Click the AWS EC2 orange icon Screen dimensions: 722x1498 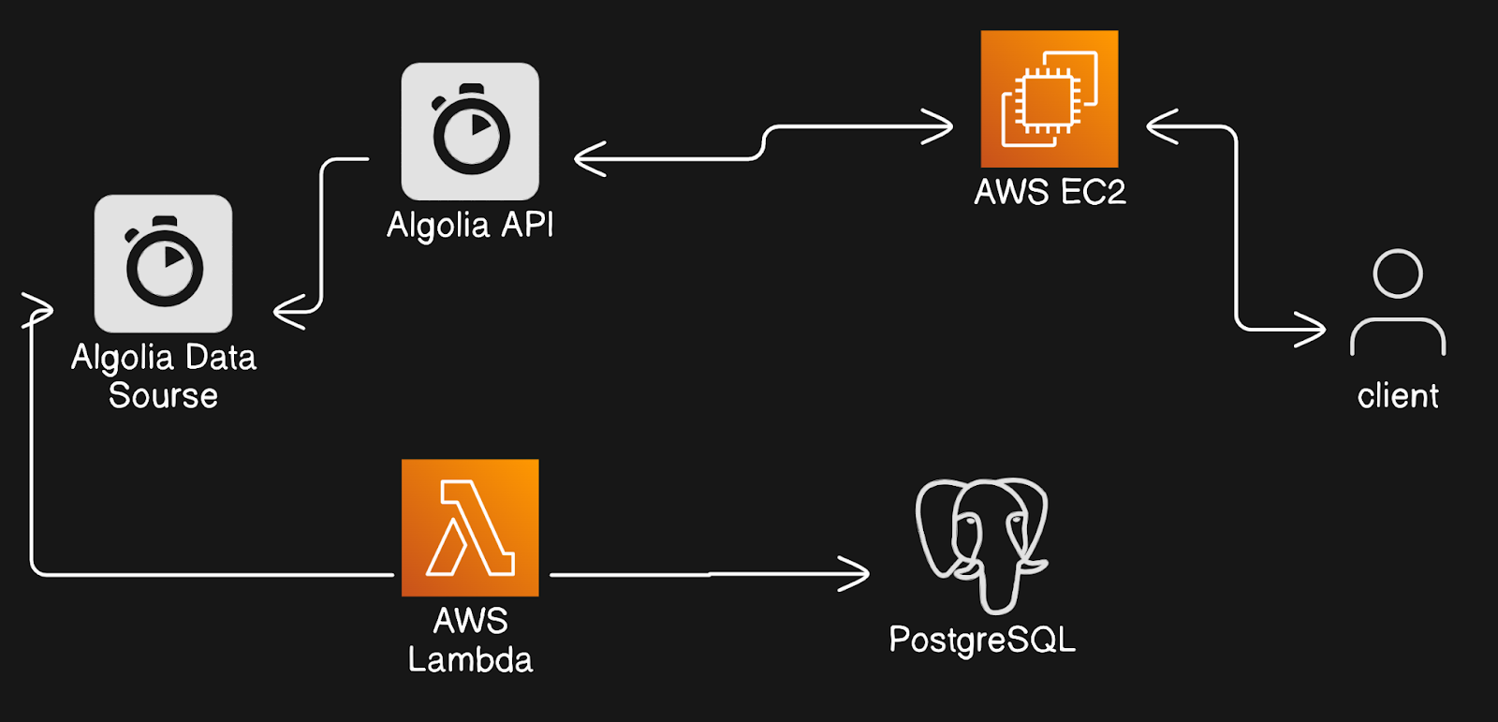click(1049, 99)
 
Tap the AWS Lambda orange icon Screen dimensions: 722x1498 click(470, 527)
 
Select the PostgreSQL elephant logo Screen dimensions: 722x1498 click(981, 542)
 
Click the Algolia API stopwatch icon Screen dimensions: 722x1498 click(470, 131)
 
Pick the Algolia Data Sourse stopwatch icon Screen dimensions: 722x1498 click(163, 263)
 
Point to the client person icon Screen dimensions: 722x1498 click(1398, 302)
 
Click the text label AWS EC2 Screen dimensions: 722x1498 click(1050, 192)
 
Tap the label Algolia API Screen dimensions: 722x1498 click(470, 225)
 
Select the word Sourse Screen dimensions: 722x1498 click(163, 395)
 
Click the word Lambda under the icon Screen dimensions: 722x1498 click(470, 659)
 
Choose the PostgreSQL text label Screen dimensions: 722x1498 click(982, 640)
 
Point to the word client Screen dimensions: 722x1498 click(1398, 396)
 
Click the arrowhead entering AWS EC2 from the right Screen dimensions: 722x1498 click(1158, 126)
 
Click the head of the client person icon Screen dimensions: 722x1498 click(1398, 273)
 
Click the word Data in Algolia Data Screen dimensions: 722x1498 click(221, 357)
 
